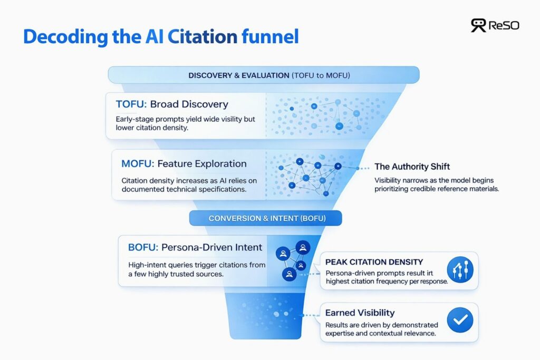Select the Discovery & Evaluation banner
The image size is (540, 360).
click(x=263, y=75)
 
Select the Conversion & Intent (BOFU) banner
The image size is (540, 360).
click(x=266, y=218)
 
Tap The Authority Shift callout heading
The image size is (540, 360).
click(x=412, y=167)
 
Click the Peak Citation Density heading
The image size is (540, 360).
click(x=374, y=262)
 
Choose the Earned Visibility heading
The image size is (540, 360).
click(x=360, y=313)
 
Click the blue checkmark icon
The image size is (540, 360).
click(x=460, y=320)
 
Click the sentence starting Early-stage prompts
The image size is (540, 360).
click(x=185, y=124)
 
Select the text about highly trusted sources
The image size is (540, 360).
click(x=196, y=269)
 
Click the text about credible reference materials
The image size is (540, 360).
click(x=436, y=183)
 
